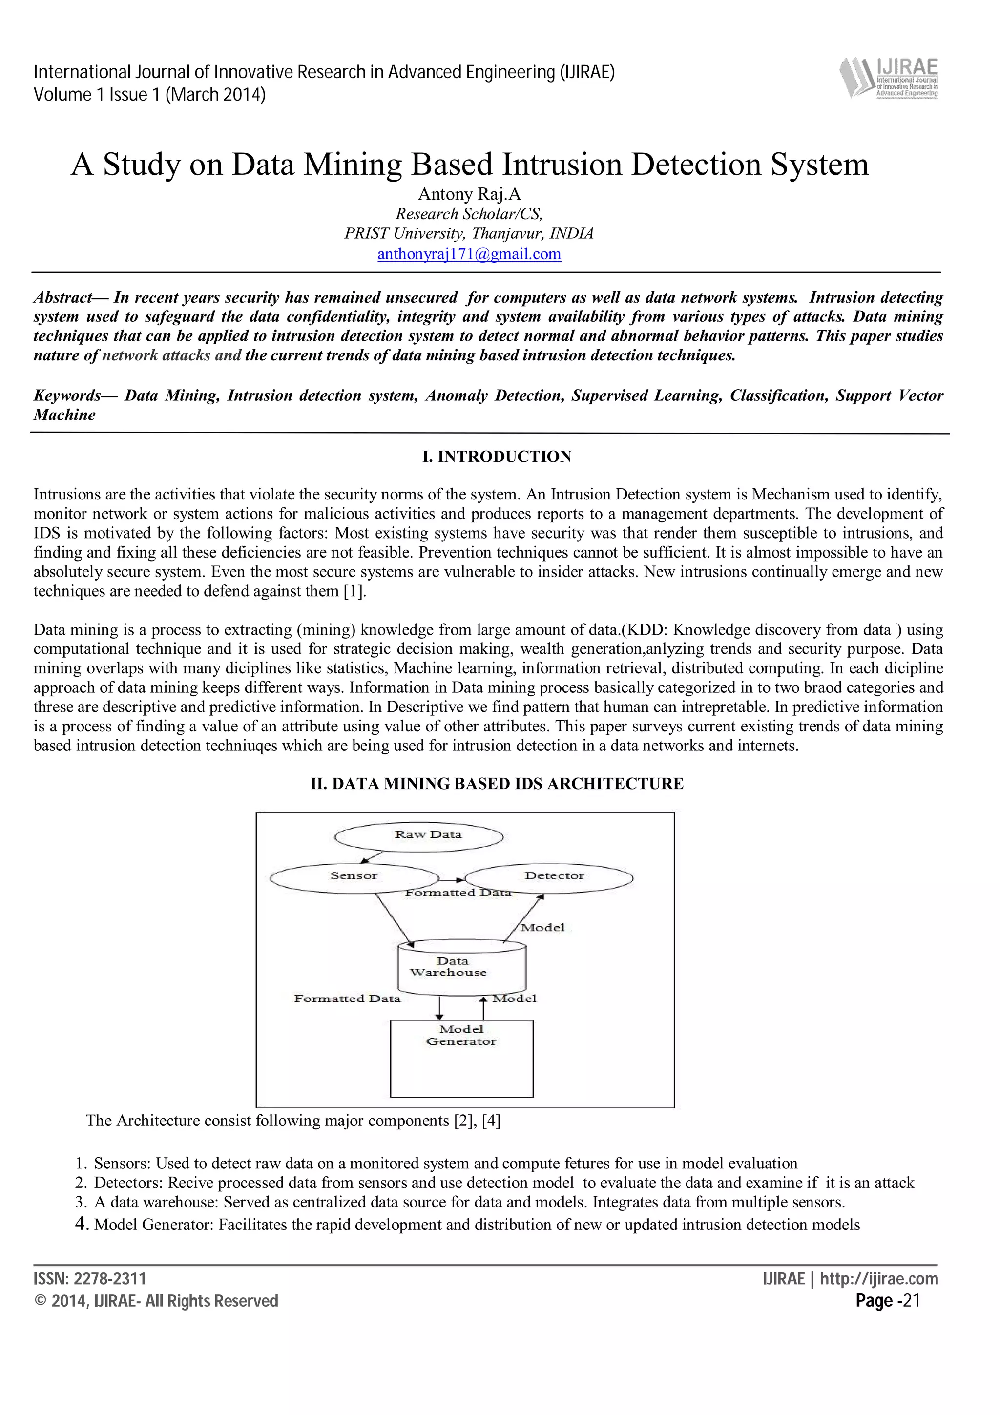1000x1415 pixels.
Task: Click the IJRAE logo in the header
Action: (889, 78)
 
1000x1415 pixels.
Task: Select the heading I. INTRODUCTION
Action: (497, 457)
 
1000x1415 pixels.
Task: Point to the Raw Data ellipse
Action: (419, 837)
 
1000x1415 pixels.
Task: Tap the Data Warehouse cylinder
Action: (461, 968)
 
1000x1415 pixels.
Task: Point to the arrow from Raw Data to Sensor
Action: (371, 857)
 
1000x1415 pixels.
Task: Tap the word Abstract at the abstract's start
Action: (62, 298)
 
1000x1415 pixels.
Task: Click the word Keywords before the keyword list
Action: (66, 395)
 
